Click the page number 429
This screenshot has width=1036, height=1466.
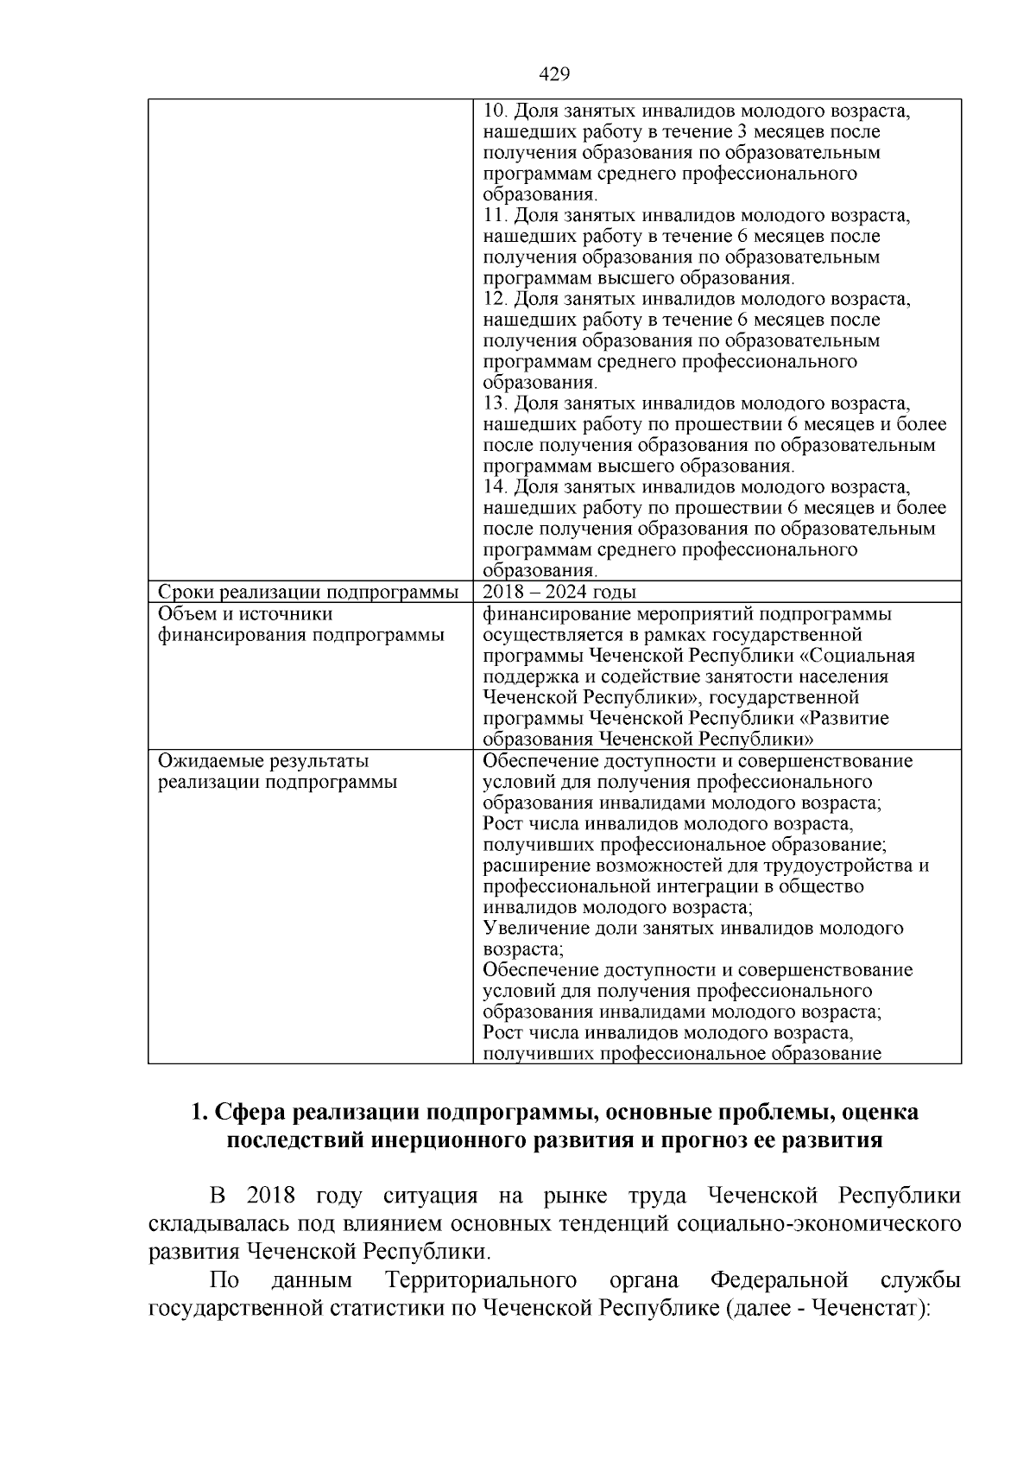[554, 74]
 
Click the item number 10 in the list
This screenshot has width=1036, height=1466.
[494, 111]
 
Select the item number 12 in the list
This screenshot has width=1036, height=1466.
[494, 299]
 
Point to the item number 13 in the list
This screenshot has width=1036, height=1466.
[494, 403]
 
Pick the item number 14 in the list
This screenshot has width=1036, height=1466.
[494, 487]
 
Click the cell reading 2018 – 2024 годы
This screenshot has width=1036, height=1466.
[559, 592]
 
